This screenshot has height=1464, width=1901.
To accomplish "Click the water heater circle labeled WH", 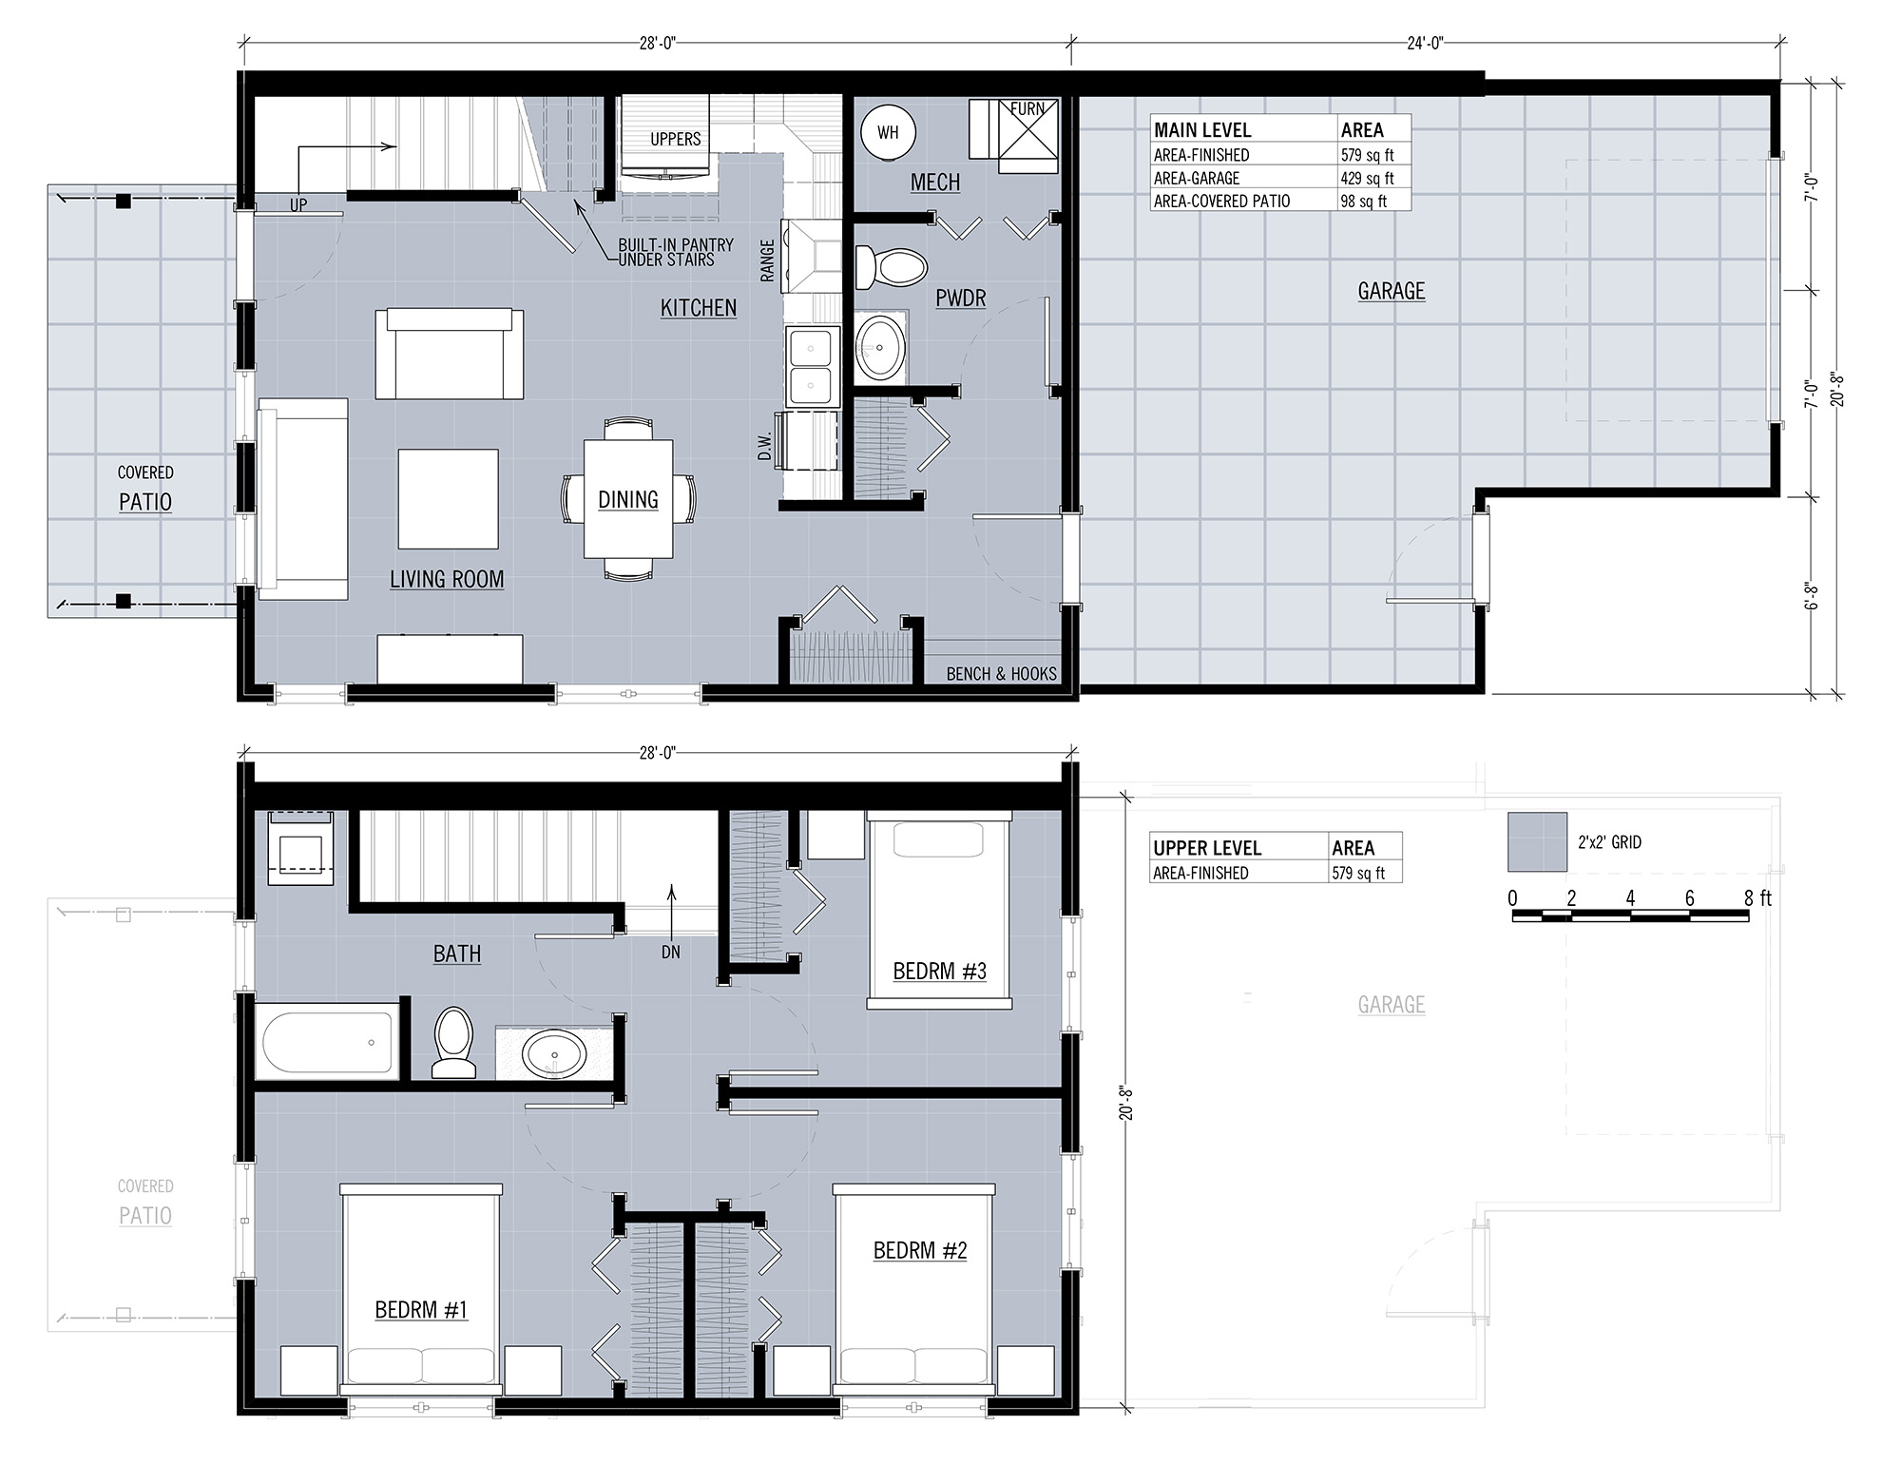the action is (888, 132).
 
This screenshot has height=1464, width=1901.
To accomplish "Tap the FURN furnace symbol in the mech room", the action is (1013, 137).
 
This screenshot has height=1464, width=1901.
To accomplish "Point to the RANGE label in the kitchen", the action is (768, 260).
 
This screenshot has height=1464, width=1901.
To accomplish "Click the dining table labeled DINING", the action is (628, 499).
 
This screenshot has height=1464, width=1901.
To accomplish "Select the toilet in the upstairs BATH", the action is (454, 1043).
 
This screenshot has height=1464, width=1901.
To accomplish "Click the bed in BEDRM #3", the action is (939, 910).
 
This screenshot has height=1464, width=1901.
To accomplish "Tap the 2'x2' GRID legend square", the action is (1537, 841).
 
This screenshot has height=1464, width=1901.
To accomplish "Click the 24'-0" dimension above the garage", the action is (1425, 42).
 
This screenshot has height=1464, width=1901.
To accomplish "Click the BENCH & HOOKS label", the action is (1002, 674).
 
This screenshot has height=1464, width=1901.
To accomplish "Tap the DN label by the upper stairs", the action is (671, 952).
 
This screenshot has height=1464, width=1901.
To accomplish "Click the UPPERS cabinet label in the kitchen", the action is (676, 139).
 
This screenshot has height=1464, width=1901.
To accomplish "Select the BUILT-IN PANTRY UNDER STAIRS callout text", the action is (676, 252).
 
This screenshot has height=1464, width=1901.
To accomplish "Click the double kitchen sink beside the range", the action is (811, 366).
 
